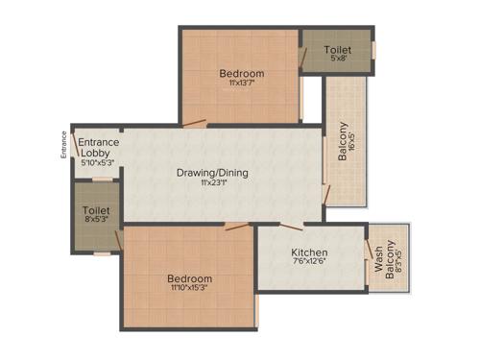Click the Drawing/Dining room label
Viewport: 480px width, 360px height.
coord(212,173)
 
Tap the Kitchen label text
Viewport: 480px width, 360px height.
coord(309,253)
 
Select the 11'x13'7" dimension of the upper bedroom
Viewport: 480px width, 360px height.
coord(240,84)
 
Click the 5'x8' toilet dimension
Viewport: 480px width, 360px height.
coord(336,60)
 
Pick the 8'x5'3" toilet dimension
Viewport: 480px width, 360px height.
coord(96,220)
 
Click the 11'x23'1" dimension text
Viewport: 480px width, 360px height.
coord(211,185)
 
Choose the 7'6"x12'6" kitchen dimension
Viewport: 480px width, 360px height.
coord(309,266)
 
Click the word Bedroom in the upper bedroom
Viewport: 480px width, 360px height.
coord(241,73)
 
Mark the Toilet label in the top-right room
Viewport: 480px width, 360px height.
coord(336,49)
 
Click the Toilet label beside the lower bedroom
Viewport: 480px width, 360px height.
coord(96,209)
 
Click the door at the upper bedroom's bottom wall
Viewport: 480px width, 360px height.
coord(195,122)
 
